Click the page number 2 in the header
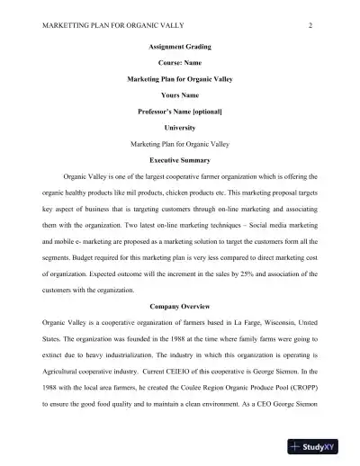[309, 25]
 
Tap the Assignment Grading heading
[179, 47]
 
